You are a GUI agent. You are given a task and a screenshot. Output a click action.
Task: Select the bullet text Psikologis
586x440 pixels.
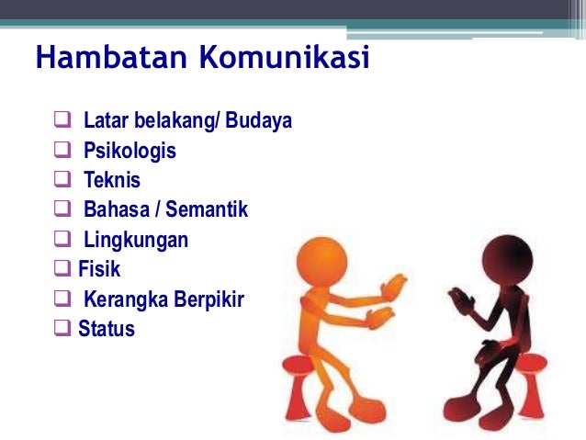130,151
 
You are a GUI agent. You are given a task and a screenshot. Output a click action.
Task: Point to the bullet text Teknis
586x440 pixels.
112,180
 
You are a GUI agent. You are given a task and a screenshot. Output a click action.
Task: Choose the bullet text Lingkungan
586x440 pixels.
136,241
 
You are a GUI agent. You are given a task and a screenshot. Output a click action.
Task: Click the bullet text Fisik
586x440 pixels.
99,270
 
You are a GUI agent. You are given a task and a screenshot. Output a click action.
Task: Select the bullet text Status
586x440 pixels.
107,329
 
